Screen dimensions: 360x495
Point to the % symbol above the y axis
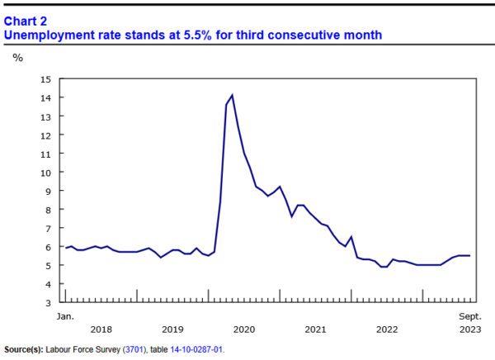[x=17, y=58]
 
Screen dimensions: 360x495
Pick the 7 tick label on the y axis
[x=47, y=228]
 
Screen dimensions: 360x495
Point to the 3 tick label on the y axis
[x=47, y=302]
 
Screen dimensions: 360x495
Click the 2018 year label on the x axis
[x=101, y=329]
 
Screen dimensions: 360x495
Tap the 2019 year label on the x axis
[x=172, y=329]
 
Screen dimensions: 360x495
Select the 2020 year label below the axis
[x=244, y=329]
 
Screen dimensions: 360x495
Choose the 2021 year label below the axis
[x=315, y=329]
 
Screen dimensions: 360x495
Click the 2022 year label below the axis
[x=387, y=329]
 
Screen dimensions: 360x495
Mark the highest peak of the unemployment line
[x=232, y=95]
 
